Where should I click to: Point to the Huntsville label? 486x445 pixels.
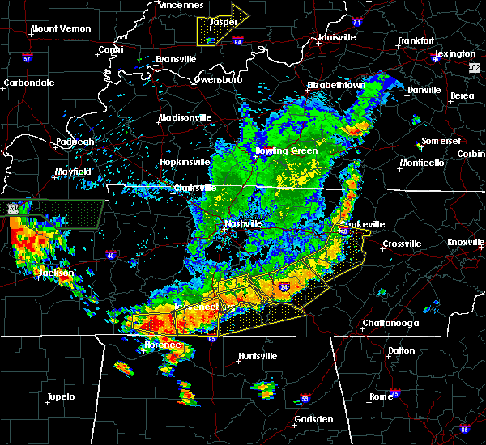(x=258, y=357)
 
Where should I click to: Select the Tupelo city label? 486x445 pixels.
(x=60, y=396)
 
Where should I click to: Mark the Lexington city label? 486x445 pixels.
(x=459, y=53)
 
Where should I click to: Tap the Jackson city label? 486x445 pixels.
(x=55, y=273)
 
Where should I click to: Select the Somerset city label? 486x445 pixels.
(x=441, y=140)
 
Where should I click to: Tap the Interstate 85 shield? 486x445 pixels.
(x=464, y=428)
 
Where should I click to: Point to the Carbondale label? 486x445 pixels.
(x=29, y=83)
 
